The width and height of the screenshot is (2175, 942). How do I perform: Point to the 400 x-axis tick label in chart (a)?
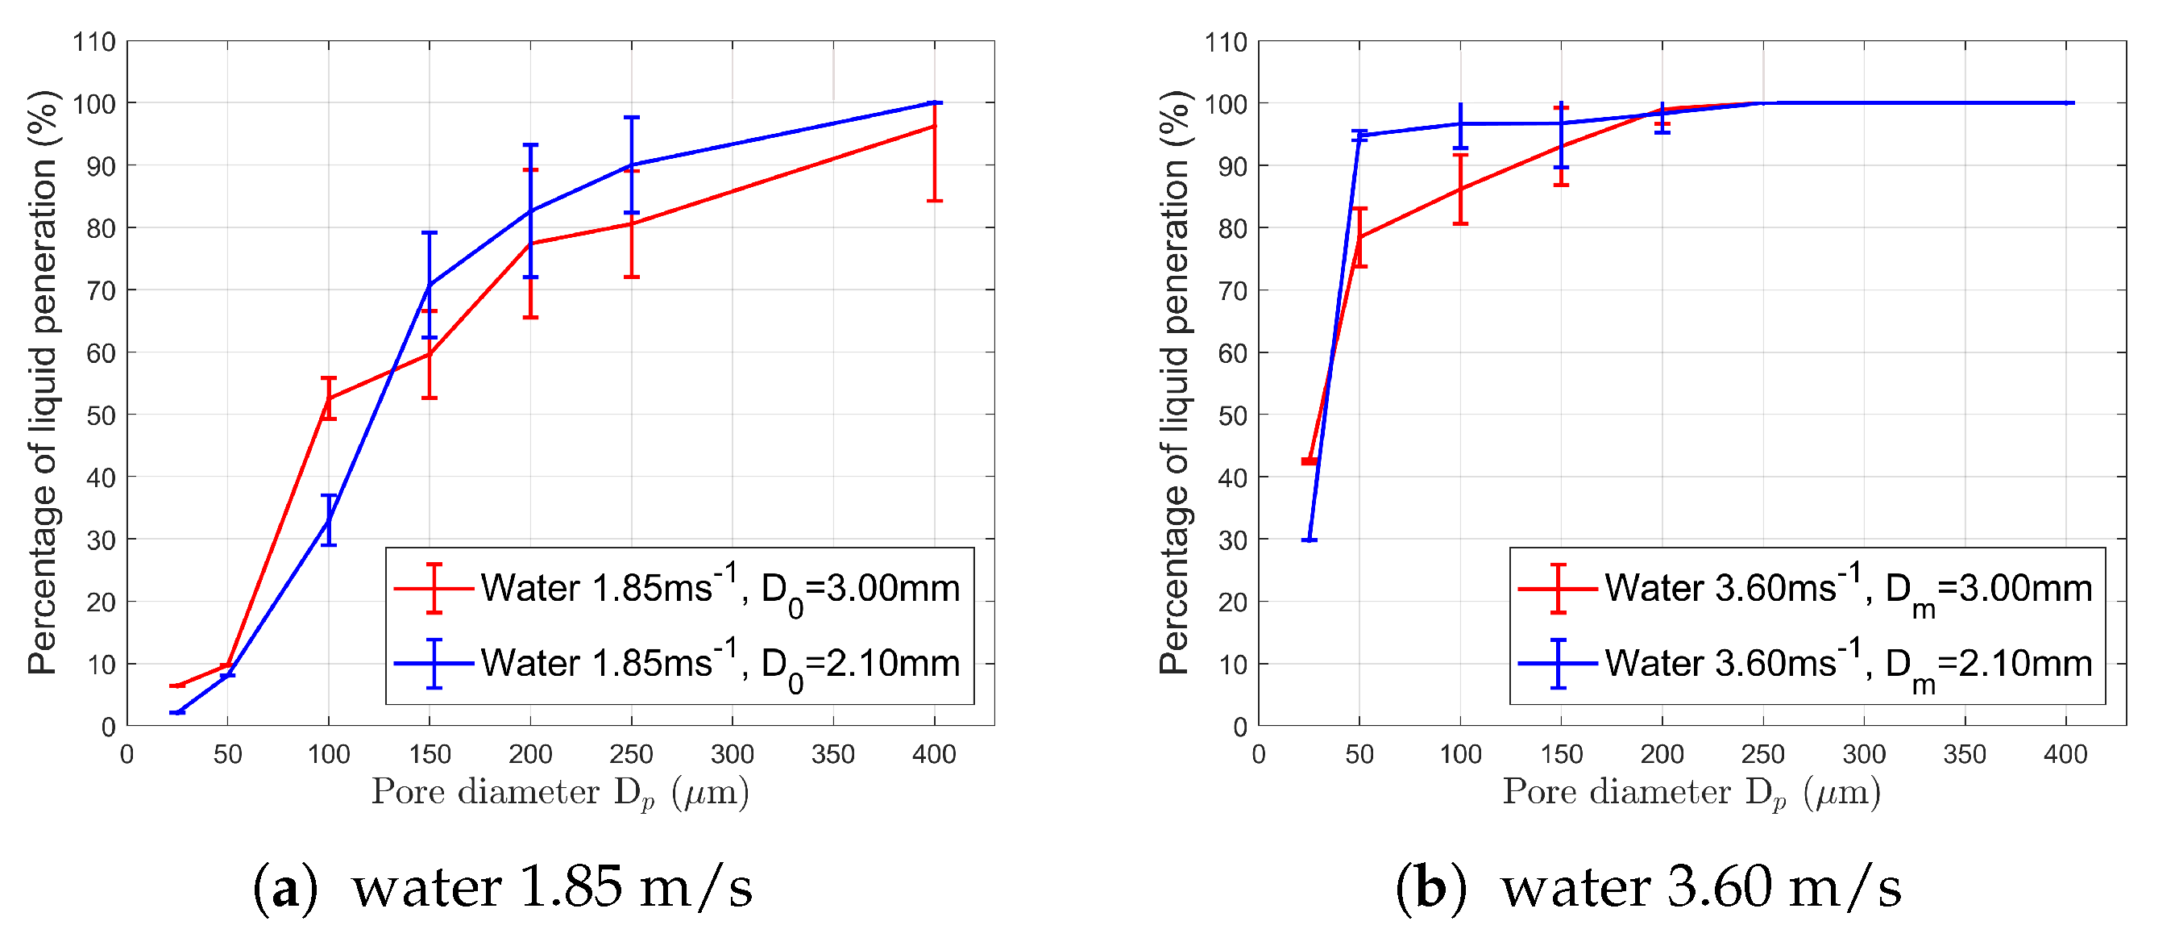[934, 754]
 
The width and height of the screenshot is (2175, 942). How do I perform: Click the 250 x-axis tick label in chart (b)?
[1763, 754]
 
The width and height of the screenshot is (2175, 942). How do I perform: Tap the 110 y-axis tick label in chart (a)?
[93, 42]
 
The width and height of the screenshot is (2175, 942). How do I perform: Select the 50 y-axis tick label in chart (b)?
[1233, 415]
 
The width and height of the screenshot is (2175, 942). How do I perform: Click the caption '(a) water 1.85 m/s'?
[502, 888]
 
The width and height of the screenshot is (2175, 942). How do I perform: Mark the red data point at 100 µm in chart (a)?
[329, 398]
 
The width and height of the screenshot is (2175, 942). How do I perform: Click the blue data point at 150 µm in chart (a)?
[430, 285]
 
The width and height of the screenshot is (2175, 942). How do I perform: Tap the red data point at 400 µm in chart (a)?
[934, 126]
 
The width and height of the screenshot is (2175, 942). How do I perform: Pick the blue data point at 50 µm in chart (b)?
[1359, 135]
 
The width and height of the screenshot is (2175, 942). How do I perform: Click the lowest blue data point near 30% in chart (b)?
[1310, 539]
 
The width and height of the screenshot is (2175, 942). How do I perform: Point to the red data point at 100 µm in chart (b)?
[1461, 190]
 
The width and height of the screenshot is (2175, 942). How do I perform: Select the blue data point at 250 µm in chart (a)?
[632, 165]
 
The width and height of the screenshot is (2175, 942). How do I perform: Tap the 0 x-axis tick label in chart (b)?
[1259, 754]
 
